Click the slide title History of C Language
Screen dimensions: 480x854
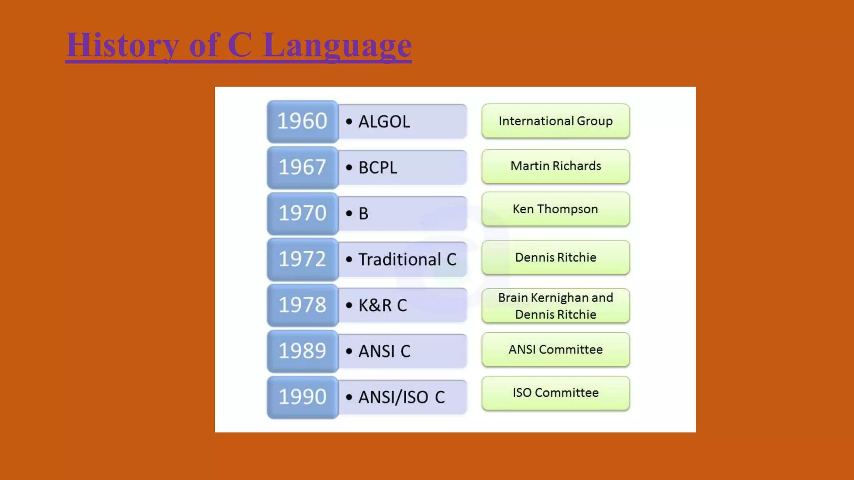(x=239, y=45)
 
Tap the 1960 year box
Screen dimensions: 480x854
(x=302, y=121)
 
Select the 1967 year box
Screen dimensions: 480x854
(x=302, y=167)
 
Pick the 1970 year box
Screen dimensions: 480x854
(x=302, y=213)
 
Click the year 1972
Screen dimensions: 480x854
(x=302, y=259)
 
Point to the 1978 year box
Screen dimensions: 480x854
(x=302, y=305)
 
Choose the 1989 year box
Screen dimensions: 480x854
(x=302, y=351)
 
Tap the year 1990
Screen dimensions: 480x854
(x=302, y=397)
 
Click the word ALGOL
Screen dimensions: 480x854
(x=384, y=122)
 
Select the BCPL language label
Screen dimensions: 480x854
(x=378, y=167)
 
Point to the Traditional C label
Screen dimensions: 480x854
(x=407, y=259)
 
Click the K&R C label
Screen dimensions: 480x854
(x=382, y=305)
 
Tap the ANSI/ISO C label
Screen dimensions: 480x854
(x=402, y=397)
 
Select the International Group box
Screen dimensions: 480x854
(x=555, y=121)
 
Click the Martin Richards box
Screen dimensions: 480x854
(x=555, y=166)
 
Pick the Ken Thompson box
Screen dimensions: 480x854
(x=555, y=209)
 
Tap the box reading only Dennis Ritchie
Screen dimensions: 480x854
(x=555, y=257)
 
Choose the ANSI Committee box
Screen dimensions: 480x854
(x=555, y=349)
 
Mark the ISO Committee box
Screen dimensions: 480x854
(x=555, y=392)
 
